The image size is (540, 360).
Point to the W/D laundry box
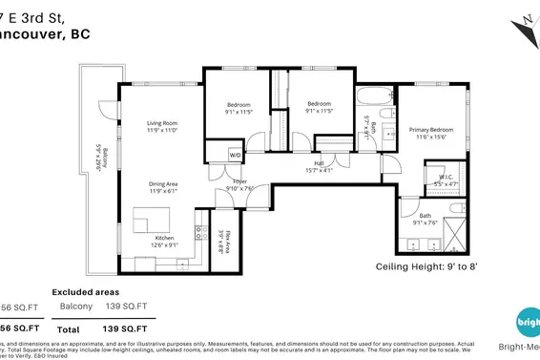coord(236,155)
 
